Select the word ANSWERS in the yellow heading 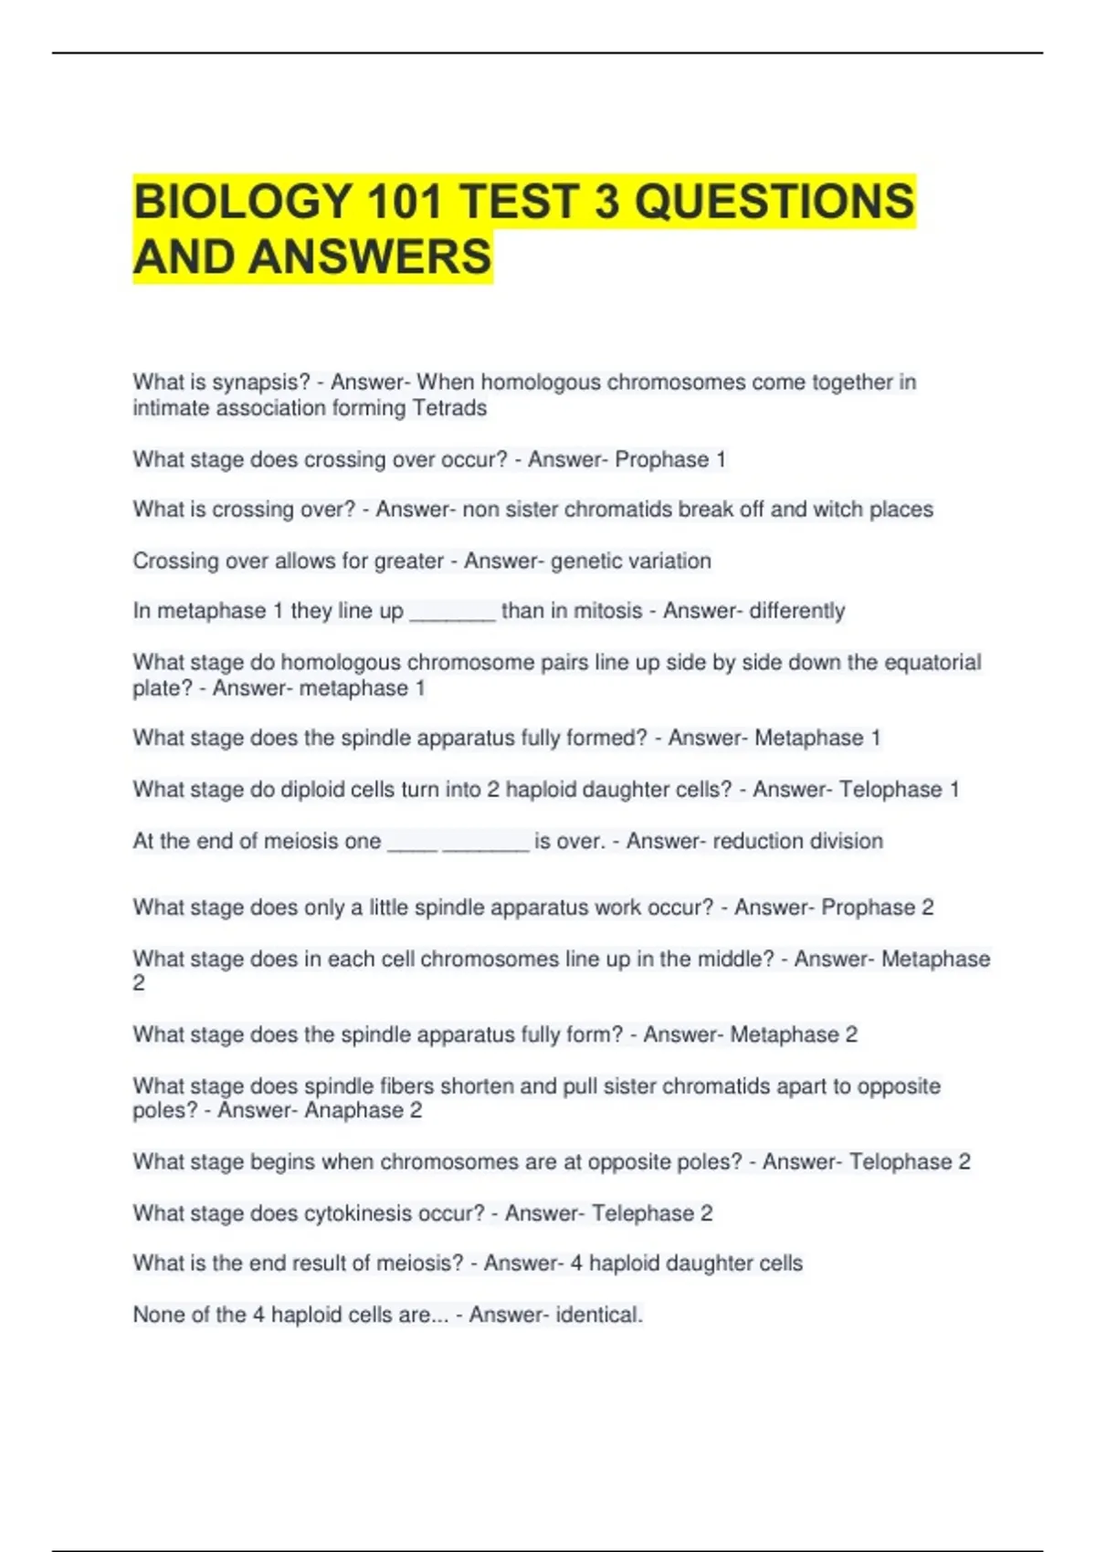pyautogui.click(x=370, y=257)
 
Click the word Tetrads pyautogui.click(x=449, y=408)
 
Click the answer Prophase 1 pyautogui.click(x=670, y=459)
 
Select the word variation pyautogui.click(x=669, y=561)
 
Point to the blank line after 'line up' pyautogui.click(x=452, y=613)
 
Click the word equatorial pyautogui.click(x=933, y=662)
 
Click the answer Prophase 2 pyautogui.click(x=877, y=907)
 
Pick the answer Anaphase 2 pyautogui.click(x=363, y=1110)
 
